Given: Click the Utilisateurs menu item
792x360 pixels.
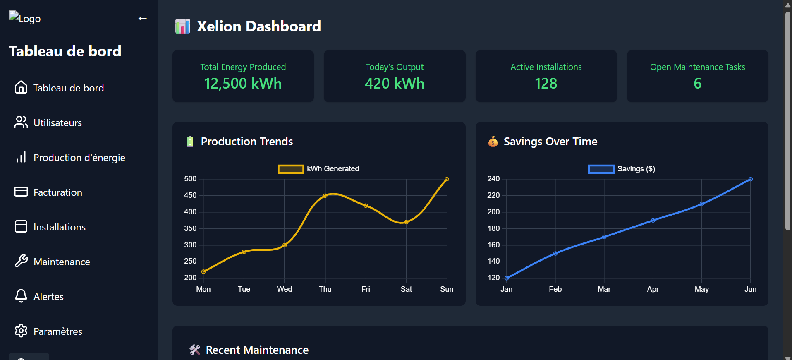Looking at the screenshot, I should click(x=57, y=123).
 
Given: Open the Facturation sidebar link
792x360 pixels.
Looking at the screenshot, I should click(x=57, y=192).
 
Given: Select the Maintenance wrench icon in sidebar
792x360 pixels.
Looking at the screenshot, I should click(x=21, y=261).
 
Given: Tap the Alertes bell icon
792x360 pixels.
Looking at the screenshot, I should click(x=21, y=296).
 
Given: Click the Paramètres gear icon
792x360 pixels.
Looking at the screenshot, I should click(x=21, y=331).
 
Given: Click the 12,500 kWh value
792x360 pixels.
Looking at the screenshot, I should click(x=243, y=84).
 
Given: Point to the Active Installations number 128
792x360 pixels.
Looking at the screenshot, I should click(x=546, y=84).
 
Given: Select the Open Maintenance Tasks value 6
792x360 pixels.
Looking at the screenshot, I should click(x=697, y=84).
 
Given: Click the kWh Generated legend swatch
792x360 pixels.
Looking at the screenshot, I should click(x=290, y=169).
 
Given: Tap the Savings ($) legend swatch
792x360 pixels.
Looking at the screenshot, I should click(x=601, y=169).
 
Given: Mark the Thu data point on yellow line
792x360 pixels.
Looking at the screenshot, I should click(x=325, y=196).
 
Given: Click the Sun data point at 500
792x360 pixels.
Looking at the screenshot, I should click(x=447, y=179).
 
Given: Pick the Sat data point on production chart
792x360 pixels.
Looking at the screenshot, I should click(x=406, y=222).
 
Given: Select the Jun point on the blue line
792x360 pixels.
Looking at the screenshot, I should click(x=750, y=179).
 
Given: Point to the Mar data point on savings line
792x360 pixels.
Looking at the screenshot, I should click(x=604, y=237).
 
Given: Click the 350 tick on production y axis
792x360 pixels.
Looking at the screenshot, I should click(x=190, y=228).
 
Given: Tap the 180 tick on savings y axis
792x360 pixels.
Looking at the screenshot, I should click(x=493, y=228).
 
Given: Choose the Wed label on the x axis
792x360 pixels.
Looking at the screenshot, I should click(x=285, y=289).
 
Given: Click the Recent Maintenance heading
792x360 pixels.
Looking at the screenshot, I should click(x=257, y=350).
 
